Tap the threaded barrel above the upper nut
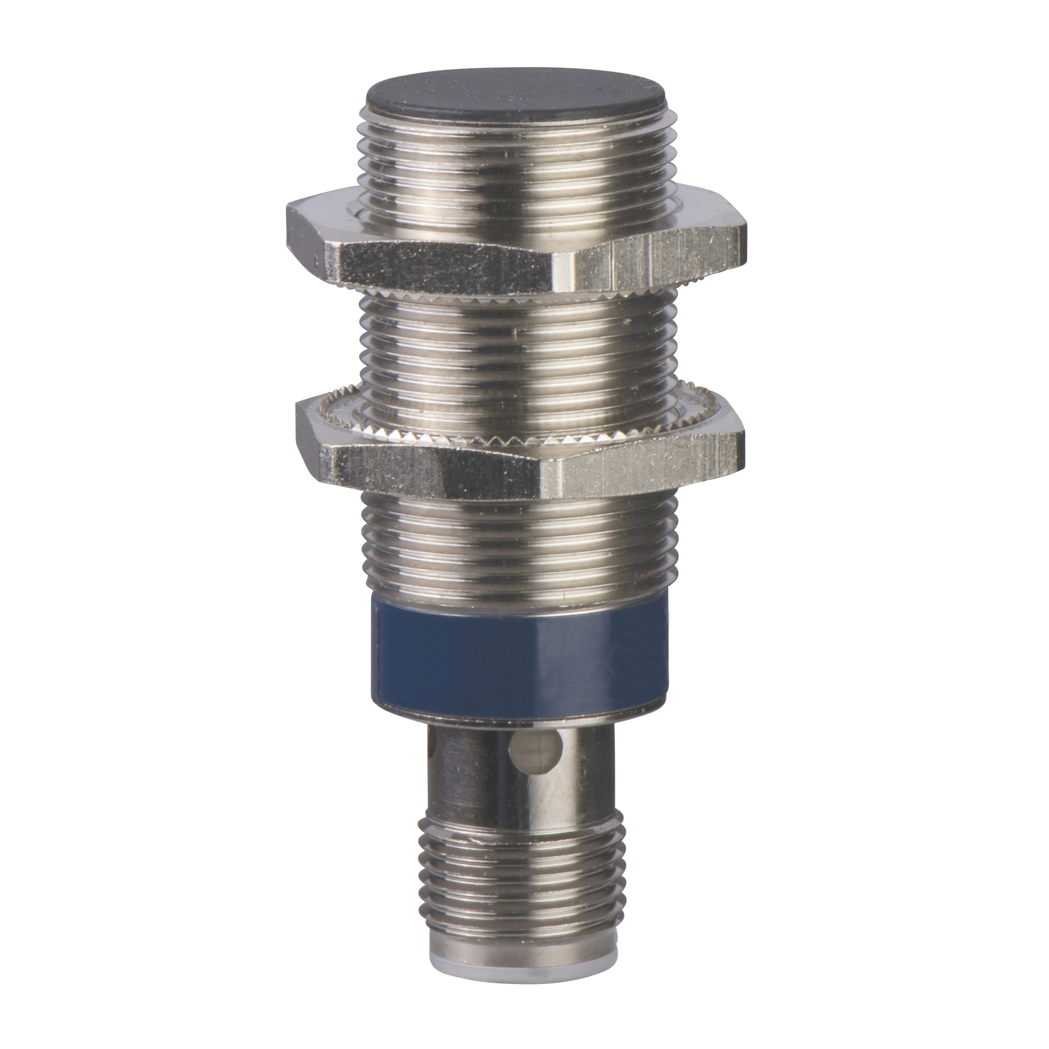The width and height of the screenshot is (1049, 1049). point(513,163)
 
